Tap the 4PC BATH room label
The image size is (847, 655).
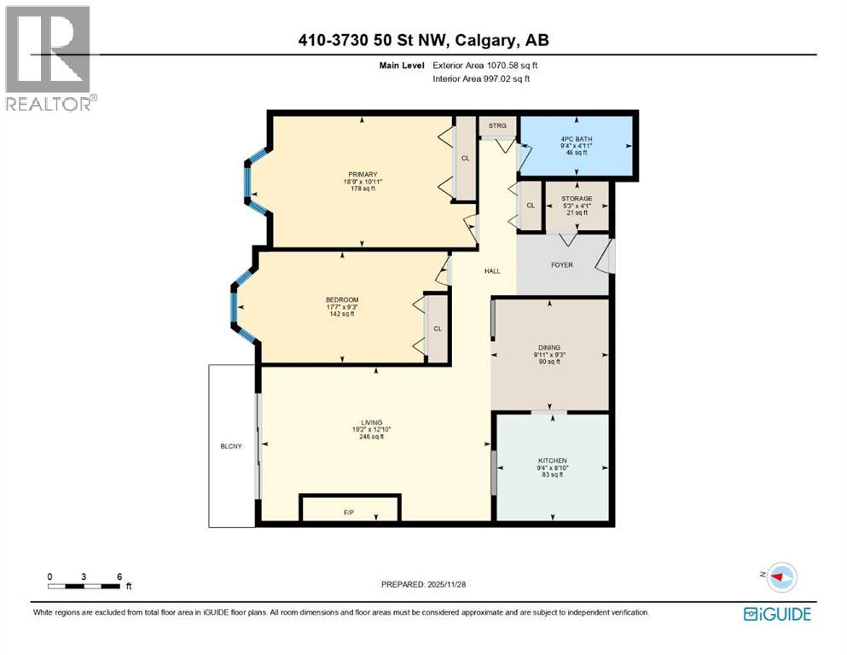click(x=577, y=139)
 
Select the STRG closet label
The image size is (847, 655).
click(x=496, y=126)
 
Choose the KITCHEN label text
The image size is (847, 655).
click(x=552, y=461)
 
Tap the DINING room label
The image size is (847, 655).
click(x=548, y=347)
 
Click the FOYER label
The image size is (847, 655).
click(x=562, y=265)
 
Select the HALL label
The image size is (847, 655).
click(x=492, y=271)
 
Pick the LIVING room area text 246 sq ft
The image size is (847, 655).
click(x=371, y=437)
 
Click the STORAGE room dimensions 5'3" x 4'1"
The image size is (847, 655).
click(x=577, y=206)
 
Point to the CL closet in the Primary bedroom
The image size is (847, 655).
click(x=465, y=158)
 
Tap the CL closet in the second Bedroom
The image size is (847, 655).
click(x=437, y=328)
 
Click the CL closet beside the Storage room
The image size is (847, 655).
click(x=530, y=206)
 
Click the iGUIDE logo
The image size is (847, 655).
click(x=776, y=613)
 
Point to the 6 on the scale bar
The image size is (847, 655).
click(x=119, y=577)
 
